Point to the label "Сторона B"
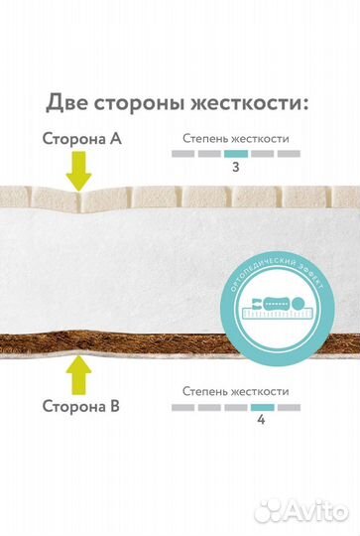point(81,406)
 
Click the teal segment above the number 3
point(236,155)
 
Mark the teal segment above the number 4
point(262,408)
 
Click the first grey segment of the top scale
point(183,155)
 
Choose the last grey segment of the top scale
point(289,155)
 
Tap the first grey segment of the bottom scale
point(183,408)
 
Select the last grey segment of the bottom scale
point(289,408)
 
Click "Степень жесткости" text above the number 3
point(235,139)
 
